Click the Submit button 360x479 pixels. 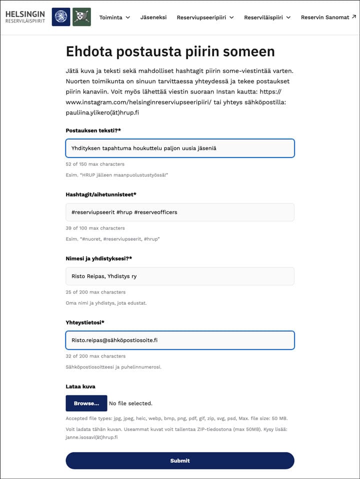pyautogui.click(x=180, y=460)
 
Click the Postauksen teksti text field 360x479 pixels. pyautogui.click(x=180, y=148)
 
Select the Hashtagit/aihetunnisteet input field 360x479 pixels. pyautogui.click(x=180, y=212)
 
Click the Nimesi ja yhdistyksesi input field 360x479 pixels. pyautogui.click(x=180, y=276)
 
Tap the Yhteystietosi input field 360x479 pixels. pyautogui.click(x=180, y=340)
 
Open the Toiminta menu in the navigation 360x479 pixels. pyautogui.click(x=114, y=17)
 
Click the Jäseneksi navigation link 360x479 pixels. pyautogui.click(x=153, y=17)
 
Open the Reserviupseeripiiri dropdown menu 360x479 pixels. pyautogui.click(x=205, y=17)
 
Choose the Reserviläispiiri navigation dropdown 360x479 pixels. pyautogui.click(x=267, y=17)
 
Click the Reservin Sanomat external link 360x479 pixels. pyautogui.click(x=328, y=17)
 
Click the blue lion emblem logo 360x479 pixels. pyautogui.click(x=61, y=17)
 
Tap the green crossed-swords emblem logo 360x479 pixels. pyautogui.click(x=81, y=17)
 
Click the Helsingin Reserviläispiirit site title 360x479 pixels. pyautogui.click(x=25, y=17)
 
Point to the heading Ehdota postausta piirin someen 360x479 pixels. pyautogui.click(x=170, y=51)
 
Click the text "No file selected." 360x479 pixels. pyautogui.click(x=130, y=403)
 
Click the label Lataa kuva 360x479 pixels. pyautogui.click(x=80, y=386)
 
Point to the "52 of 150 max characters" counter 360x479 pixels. pyautogui.click(x=95, y=164)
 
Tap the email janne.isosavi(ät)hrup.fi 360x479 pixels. pyautogui.click(x=91, y=437)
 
